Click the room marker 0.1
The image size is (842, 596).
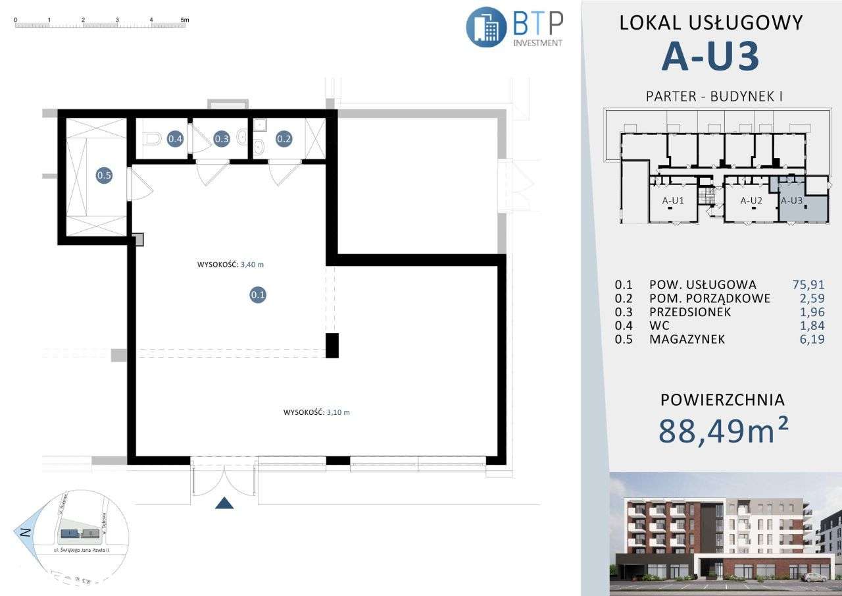coord(258,295)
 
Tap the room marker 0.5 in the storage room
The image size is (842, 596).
coord(104,175)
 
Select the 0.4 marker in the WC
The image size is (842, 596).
coord(175,139)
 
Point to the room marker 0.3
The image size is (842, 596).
coord(222,139)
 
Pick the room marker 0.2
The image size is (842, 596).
coord(284,139)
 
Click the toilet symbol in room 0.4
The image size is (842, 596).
coord(153,139)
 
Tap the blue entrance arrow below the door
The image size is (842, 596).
coord(225,504)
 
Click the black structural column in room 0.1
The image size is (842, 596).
coord(332,346)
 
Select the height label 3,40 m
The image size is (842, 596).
coord(235,265)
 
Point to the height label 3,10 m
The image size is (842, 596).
coord(316,412)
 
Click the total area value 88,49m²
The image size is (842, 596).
coord(724,431)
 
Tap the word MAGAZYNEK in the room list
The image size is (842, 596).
coord(687,340)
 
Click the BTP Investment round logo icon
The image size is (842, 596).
coord(486,27)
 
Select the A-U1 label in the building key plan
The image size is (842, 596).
coord(673,201)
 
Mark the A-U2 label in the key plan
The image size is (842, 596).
coord(751,201)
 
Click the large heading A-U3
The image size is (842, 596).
coord(710,56)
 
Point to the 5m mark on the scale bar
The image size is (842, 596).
coord(184,20)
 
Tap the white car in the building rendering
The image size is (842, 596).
coord(818,576)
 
